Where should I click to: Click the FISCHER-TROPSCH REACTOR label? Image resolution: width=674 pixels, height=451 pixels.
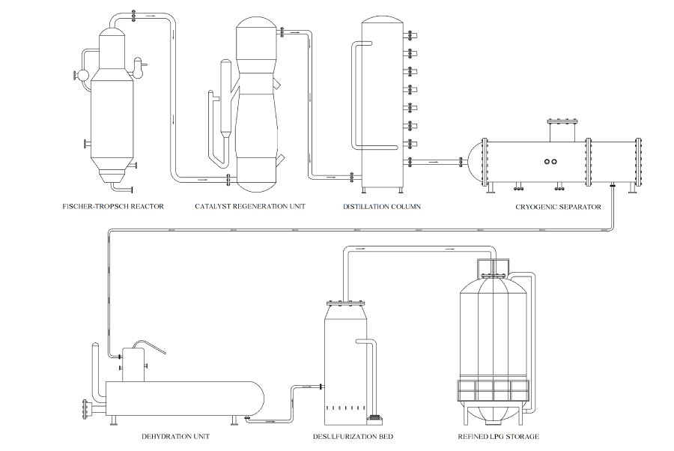pos(113,206)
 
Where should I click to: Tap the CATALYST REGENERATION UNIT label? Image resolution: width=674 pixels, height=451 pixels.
pos(250,206)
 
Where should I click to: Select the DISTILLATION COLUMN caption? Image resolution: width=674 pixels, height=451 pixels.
pos(382,207)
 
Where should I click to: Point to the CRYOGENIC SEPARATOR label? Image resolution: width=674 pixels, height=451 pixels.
pos(559,208)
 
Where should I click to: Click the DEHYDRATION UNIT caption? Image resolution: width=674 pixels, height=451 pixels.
pos(176,436)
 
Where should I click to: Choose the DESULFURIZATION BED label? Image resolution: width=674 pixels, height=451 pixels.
pos(353,437)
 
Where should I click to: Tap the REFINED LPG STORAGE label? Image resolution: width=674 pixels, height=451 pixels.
pos(499,437)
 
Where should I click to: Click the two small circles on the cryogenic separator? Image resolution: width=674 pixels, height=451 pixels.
pos(550,162)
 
